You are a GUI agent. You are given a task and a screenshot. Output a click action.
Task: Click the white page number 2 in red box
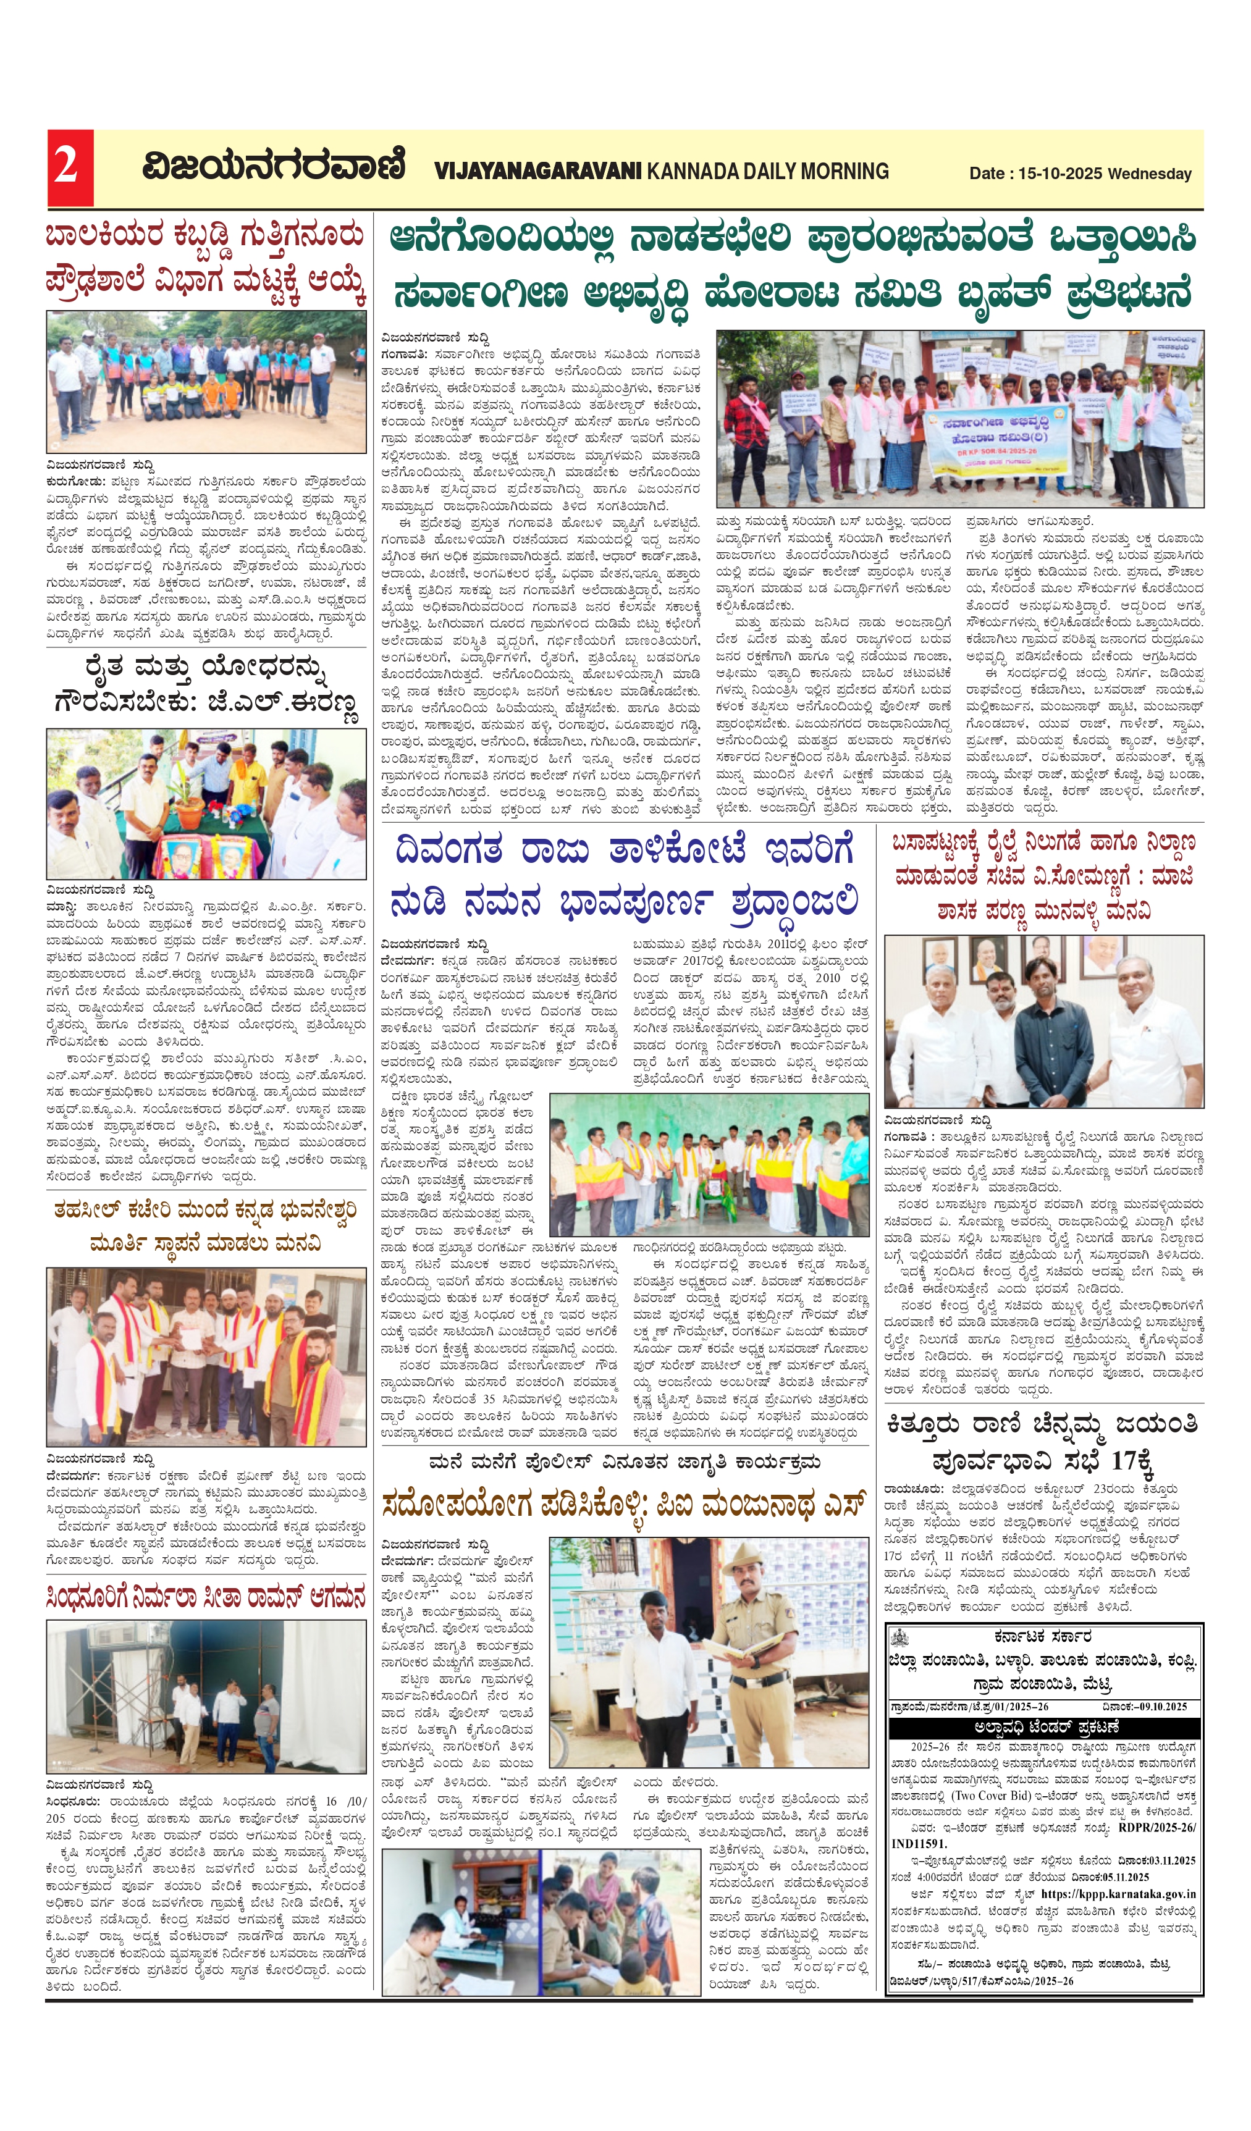click(67, 167)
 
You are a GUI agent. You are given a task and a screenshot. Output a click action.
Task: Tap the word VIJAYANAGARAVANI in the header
click(538, 172)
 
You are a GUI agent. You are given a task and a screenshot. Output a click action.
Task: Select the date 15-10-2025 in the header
click(1060, 174)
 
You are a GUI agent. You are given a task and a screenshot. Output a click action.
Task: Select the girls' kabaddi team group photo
click(206, 382)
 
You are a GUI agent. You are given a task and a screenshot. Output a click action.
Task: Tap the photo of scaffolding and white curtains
click(206, 1696)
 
